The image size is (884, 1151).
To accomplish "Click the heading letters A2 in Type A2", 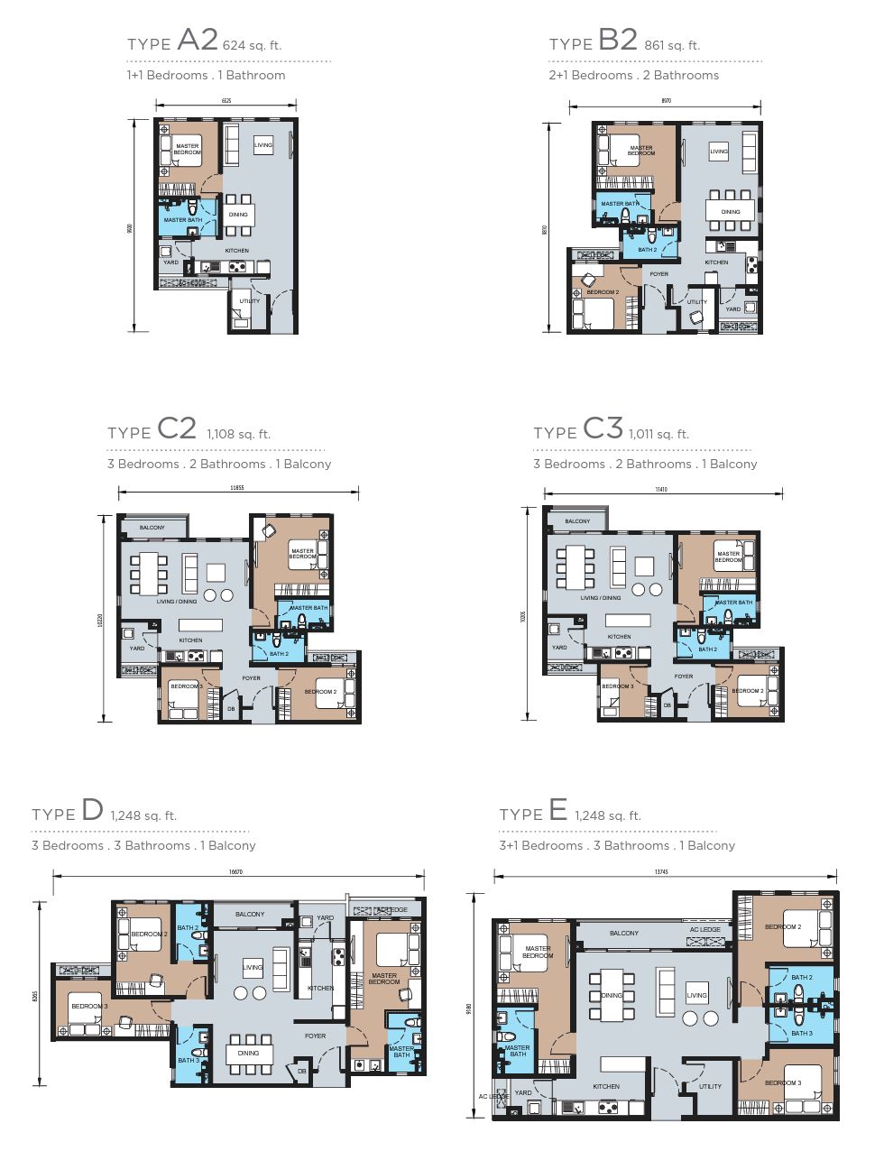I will pos(198,40).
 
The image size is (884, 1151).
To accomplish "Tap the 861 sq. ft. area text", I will pos(672,45).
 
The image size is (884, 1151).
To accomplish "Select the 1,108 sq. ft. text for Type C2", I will pos(238,434).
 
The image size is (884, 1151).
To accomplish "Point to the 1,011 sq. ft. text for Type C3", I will pos(658,434).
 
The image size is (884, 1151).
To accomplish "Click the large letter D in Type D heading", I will pos(92,810).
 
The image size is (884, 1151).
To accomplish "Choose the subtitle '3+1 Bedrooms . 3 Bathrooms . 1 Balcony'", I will pos(617,845).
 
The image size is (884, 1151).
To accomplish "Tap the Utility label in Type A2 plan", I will pos(250,300).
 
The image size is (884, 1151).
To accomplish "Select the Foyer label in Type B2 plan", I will pos(659,274).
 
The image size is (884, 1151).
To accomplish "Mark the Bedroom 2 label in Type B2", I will pos(603,292).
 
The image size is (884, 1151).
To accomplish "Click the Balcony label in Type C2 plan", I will pos(152,528).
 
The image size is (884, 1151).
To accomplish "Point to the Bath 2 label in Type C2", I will pos(280,653).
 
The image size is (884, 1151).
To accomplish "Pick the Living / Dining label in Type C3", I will pos(601,597).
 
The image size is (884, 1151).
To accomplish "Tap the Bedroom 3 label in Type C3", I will pos(618,686).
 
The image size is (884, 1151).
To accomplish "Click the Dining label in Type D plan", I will pos(248,1053).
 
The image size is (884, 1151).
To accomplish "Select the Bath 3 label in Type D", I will pos(188,1060).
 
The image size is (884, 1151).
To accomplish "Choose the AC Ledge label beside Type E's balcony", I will pos(705,929).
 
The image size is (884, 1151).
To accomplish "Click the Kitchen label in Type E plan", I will pos(606,1086).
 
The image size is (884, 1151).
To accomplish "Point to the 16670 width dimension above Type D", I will pos(236,872).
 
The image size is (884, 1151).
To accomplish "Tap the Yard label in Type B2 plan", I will pos(733,308).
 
